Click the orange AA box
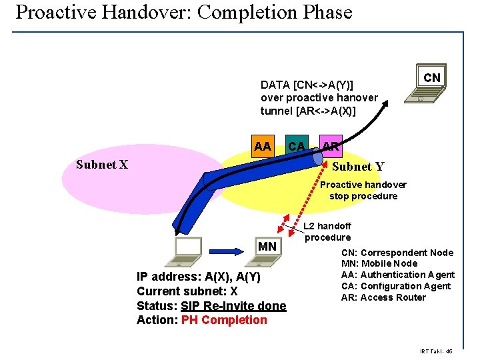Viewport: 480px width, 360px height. [x=263, y=146]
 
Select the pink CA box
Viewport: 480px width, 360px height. [x=296, y=146]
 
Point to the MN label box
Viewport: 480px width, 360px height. [x=267, y=247]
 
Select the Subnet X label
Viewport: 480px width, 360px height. [x=102, y=165]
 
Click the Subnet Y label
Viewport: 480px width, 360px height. [x=358, y=167]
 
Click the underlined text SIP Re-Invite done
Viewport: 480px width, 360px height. [x=233, y=305]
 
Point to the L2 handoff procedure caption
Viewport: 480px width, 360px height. [x=327, y=232]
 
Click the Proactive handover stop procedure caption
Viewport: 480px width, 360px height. [x=363, y=190]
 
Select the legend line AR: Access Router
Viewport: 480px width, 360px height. [x=383, y=297]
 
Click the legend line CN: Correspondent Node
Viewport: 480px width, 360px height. [x=397, y=253]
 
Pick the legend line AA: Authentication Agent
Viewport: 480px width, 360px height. [x=397, y=275]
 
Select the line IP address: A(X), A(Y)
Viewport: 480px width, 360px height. [x=199, y=277]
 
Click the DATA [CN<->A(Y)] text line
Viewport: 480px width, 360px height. [x=307, y=85]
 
